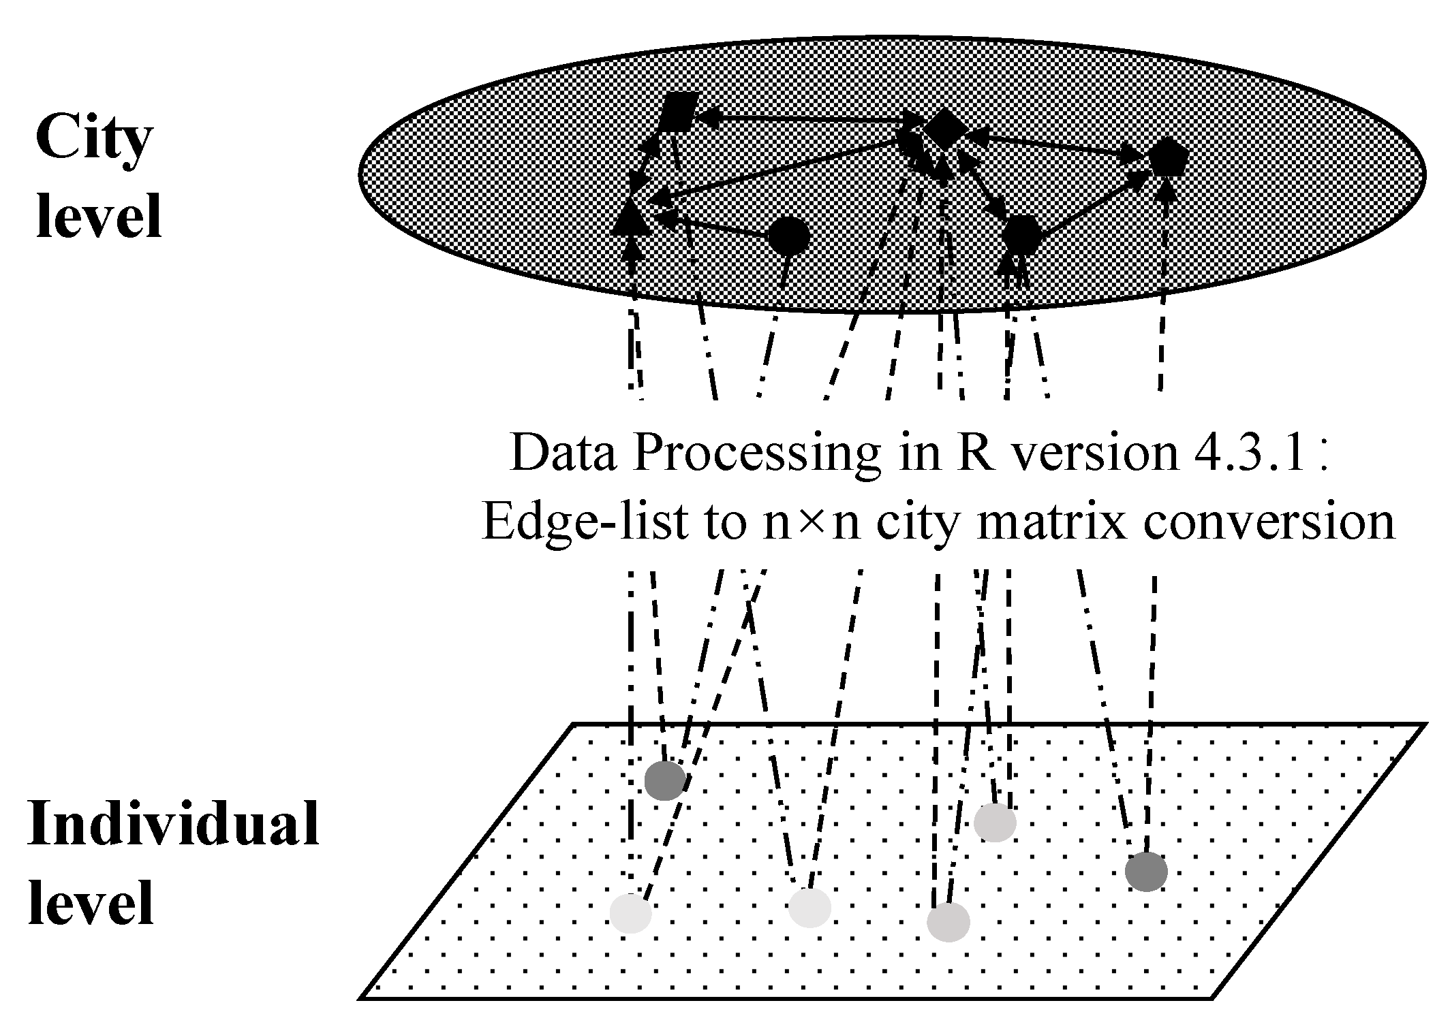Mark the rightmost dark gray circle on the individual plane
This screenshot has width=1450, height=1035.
point(1146,872)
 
